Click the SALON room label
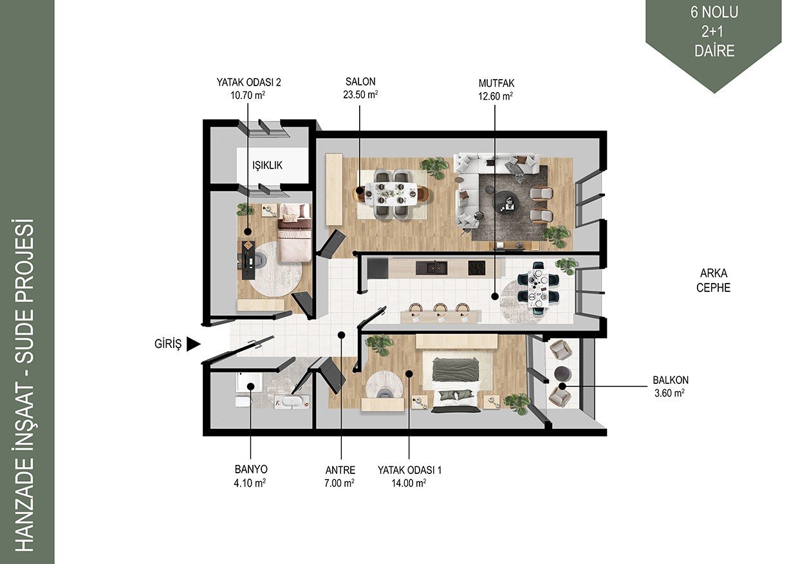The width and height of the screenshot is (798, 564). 360,82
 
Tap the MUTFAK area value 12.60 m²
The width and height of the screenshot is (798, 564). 496,96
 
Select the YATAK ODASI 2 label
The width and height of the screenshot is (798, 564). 248,82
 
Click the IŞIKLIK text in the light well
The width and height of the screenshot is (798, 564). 267,165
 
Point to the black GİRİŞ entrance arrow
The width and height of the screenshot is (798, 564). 194,344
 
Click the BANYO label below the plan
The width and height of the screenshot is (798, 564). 251,469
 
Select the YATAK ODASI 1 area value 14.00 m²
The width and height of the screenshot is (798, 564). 409,483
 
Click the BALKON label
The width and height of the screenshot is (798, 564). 671,380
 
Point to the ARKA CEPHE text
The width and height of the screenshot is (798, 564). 713,280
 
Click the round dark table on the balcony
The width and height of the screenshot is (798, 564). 563,374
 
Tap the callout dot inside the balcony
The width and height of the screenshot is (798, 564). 562,386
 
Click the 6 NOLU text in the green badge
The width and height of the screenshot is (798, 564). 714,13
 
